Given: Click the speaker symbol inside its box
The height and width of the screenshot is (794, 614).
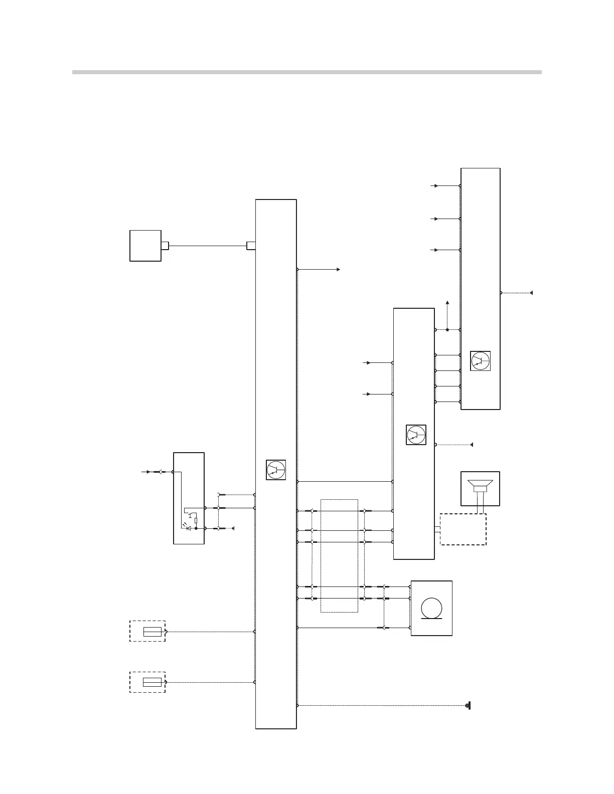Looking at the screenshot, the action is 480,487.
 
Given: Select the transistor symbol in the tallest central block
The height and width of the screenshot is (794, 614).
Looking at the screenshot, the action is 275,470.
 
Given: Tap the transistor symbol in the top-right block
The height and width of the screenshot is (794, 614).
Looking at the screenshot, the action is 480,361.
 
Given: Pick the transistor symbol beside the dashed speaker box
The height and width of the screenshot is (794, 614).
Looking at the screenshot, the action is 416,435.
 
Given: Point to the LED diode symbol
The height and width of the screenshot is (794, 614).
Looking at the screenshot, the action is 189,528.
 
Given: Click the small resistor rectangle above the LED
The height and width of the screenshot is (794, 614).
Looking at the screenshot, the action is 196,520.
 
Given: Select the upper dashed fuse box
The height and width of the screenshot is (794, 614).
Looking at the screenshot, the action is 147,631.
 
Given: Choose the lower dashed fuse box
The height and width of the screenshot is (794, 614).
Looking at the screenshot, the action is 147,682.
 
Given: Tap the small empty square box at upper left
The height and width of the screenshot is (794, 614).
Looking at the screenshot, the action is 145,246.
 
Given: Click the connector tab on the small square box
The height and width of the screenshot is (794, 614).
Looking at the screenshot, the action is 165,246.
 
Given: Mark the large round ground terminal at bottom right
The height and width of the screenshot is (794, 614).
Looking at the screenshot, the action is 468,706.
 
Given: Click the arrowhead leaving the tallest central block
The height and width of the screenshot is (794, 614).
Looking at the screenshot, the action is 339,270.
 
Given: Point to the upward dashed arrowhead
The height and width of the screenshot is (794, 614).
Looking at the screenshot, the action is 447,303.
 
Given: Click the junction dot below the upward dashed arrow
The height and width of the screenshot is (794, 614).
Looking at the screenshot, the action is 447,330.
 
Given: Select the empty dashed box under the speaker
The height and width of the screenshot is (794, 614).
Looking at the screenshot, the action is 463,529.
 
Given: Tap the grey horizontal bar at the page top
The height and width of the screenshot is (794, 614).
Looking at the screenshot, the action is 306,72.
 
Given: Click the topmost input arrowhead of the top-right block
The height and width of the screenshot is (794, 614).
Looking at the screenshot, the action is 436,185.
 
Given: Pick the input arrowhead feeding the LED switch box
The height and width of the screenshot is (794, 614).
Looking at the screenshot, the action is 147,472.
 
